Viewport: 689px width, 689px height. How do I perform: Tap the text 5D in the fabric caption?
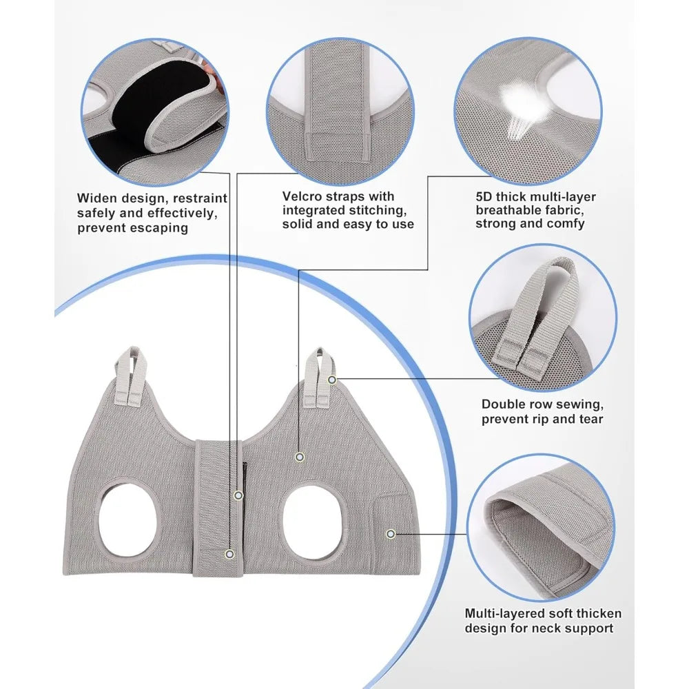point(484,196)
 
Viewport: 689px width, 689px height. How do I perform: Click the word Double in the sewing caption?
point(503,404)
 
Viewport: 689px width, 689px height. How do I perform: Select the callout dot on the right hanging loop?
point(332,380)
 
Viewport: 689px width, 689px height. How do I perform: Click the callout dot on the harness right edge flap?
point(391,534)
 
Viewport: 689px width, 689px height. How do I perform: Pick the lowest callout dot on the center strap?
point(229,554)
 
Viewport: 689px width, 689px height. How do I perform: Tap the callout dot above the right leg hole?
point(300,457)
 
